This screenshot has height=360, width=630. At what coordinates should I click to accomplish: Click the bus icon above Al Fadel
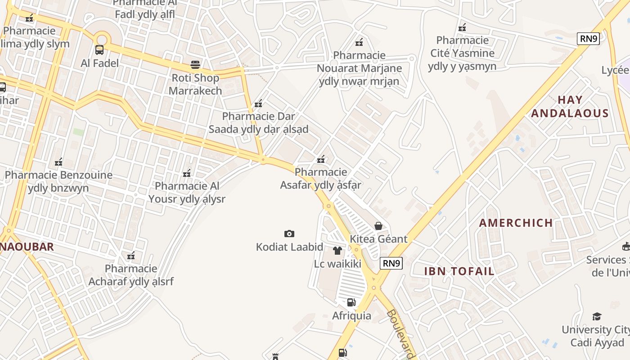click(x=99, y=50)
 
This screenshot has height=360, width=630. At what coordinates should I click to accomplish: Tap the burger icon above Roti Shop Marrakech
click(x=195, y=64)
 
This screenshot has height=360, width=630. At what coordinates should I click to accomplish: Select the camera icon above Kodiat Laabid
click(x=289, y=234)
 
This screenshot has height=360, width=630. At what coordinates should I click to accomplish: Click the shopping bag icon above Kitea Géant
click(x=378, y=225)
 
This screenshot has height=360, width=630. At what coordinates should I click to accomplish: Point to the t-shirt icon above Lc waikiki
click(x=337, y=251)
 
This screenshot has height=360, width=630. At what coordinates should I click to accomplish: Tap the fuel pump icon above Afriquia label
click(x=351, y=302)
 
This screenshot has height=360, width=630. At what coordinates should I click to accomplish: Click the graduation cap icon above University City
click(x=597, y=316)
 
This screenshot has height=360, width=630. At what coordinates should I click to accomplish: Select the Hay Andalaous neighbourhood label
click(x=570, y=107)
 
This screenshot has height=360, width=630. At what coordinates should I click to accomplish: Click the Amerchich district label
click(x=516, y=223)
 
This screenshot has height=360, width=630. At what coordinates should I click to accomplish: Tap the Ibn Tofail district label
click(x=459, y=271)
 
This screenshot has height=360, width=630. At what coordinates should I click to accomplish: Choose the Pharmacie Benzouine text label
click(x=58, y=181)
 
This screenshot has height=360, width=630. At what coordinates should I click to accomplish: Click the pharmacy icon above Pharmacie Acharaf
click(x=131, y=256)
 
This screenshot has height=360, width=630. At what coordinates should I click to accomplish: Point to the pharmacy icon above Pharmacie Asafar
click(x=321, y=159)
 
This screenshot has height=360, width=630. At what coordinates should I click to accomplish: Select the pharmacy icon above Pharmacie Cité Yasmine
click(x=462, y=27)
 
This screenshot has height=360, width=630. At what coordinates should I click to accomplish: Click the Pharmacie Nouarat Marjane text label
click(x=359, y=68)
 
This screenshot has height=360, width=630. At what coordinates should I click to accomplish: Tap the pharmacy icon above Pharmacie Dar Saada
click(x=258, y=104)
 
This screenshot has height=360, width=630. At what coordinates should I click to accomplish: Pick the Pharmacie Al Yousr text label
click(x=187, y=193)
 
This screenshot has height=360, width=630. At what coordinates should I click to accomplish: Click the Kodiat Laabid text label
click(x=289, y=247)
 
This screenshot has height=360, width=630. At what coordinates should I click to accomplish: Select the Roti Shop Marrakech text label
click(x=195, y=84)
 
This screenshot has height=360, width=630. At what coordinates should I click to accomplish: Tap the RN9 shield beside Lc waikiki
click(x=391, y=263)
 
